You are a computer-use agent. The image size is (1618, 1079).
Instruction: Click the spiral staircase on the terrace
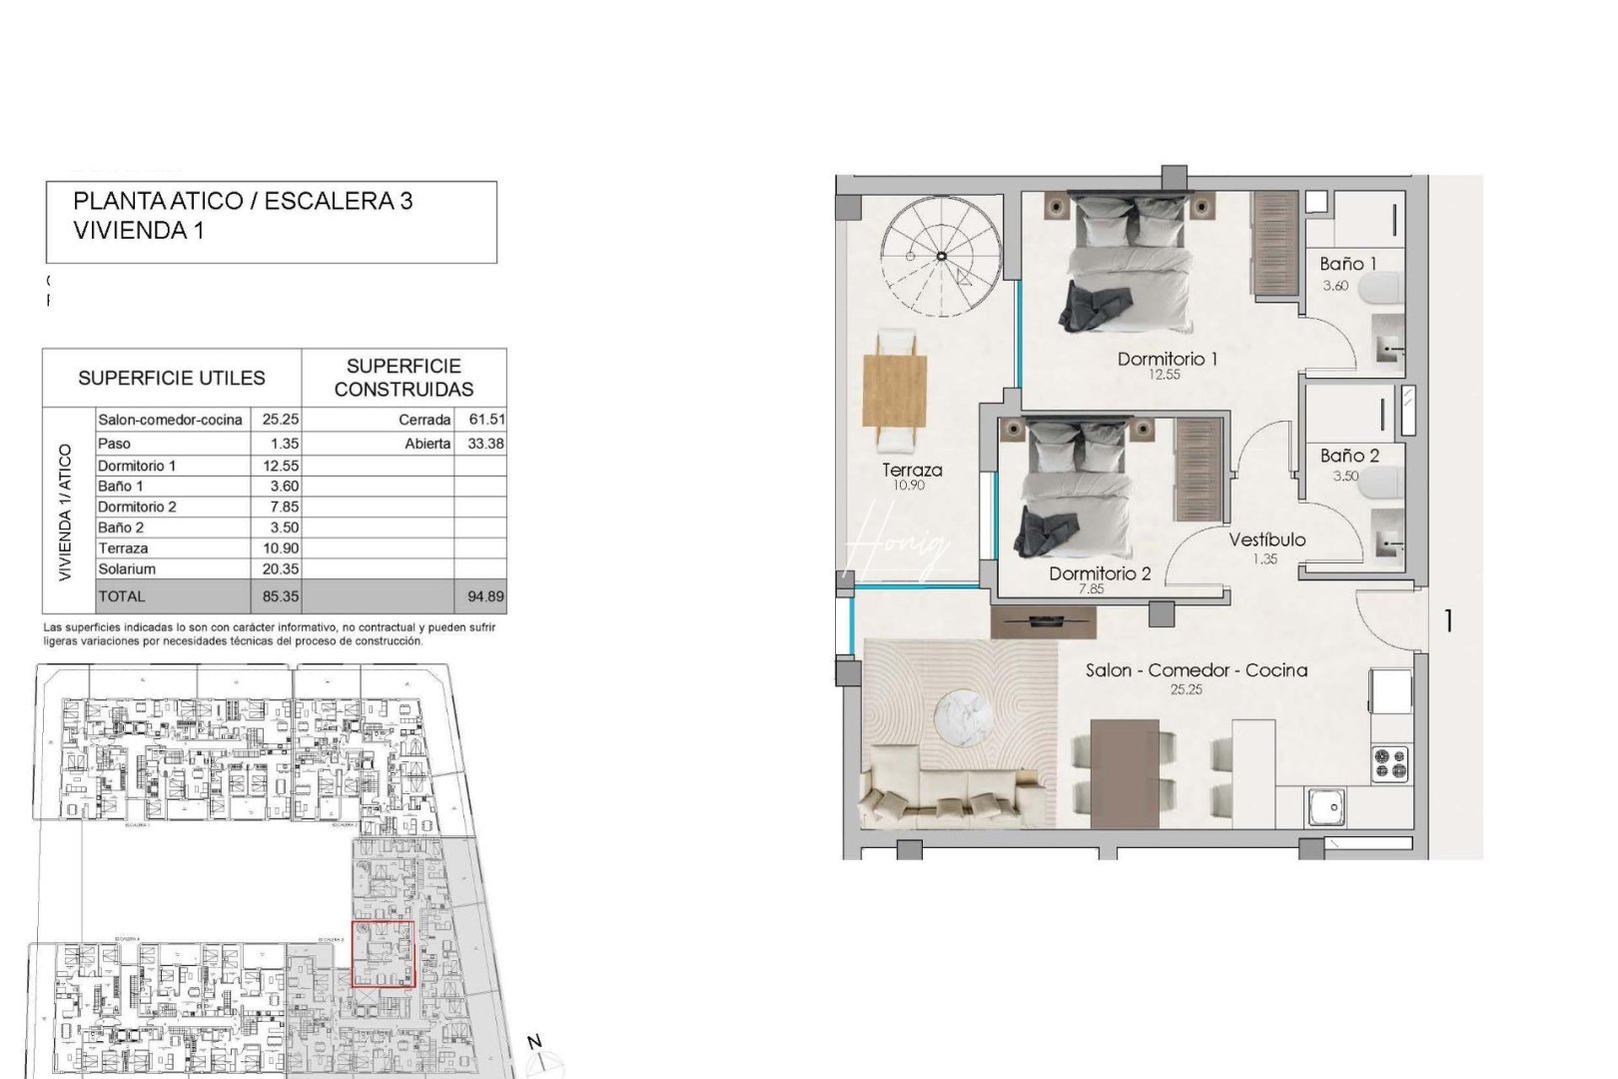point(941,257)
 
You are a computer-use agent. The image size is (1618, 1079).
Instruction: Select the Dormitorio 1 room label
point(1167,359)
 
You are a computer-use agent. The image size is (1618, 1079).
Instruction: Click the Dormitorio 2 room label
point(1099,573)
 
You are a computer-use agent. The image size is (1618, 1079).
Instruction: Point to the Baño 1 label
point(1347,264)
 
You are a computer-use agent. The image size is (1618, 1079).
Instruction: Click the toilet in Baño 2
point(1383,484)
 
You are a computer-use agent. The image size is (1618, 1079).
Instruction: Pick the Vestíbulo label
point(1266,539)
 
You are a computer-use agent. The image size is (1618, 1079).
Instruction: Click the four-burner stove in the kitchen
point(1389,763)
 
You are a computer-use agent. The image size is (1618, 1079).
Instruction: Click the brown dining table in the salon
point(1124,772)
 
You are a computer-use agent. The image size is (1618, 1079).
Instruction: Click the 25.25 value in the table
point(280,420)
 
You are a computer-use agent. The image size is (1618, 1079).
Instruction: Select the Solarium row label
point(127,569)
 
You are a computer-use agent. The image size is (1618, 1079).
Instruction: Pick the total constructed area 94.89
point(485,596)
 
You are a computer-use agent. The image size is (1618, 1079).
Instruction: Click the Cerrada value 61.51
point(486,420)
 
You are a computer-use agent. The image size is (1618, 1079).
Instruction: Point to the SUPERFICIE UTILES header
point(172,378)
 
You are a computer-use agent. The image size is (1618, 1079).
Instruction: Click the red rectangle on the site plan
point(383,954)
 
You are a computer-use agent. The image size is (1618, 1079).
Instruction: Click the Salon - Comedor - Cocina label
point(1197,670)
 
